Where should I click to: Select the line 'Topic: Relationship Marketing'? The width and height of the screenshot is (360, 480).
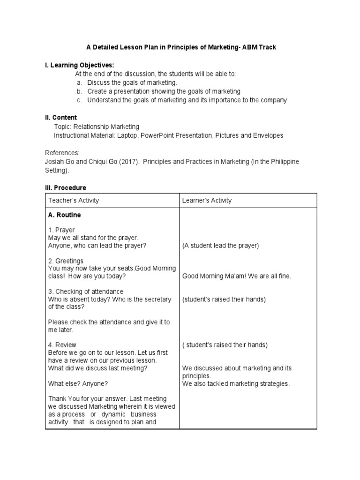click(97, 127)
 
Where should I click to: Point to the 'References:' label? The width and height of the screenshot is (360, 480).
click(62, 153)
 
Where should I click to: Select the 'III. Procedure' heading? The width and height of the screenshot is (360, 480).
click(66, 187)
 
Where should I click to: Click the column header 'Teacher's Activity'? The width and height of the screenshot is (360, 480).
click(74, 201)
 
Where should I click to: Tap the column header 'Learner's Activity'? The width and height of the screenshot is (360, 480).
click(207, 201)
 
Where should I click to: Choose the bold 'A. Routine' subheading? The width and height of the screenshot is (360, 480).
click(64, 215)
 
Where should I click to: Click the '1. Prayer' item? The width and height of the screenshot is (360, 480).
click(61, 230)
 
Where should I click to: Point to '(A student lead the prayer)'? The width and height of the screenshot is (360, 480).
click(220, 245)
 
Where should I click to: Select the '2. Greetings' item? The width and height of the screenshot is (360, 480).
click(66, 261)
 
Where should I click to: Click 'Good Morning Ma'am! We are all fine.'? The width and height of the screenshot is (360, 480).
click(237, 276)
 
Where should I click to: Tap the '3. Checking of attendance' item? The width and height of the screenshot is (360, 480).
click(86, 292)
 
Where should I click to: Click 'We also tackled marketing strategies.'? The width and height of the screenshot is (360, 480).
click(236, 384)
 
